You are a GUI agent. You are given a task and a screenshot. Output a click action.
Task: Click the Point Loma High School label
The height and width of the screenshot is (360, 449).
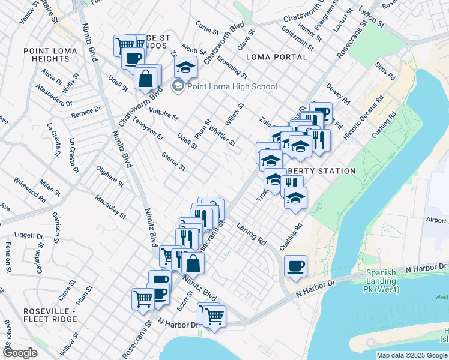coord(232,86)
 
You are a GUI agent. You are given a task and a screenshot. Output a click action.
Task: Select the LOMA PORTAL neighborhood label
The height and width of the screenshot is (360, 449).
coord(276,57)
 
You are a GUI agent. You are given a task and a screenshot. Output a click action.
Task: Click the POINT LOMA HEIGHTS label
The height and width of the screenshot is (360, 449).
coord(46,55)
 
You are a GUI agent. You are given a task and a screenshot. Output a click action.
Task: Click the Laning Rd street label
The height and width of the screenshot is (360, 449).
coord(251,234)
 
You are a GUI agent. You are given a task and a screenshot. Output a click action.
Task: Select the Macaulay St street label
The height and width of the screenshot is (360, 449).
coord(110,206)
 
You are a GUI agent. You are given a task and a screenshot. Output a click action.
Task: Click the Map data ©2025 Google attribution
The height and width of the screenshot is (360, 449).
coord(411,355)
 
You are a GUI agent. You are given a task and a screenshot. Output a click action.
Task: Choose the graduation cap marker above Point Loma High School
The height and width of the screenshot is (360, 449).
coord(186,67)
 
